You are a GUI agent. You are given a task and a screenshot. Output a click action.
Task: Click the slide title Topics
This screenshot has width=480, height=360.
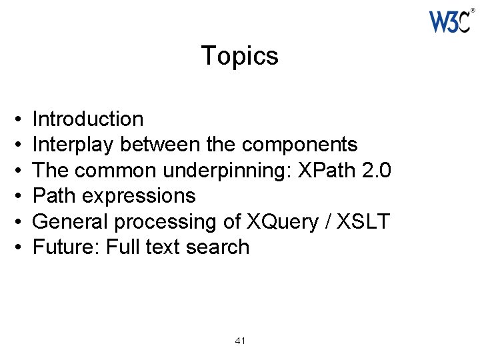point(240,56)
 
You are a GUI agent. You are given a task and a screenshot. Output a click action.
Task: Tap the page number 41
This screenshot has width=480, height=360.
point(241,341)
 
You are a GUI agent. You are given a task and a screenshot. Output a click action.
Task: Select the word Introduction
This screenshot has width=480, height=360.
point(88,119)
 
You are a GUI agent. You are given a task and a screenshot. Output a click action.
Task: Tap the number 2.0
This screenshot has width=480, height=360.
point(375,170)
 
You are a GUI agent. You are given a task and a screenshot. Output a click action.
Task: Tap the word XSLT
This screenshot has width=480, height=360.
point(363,221)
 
